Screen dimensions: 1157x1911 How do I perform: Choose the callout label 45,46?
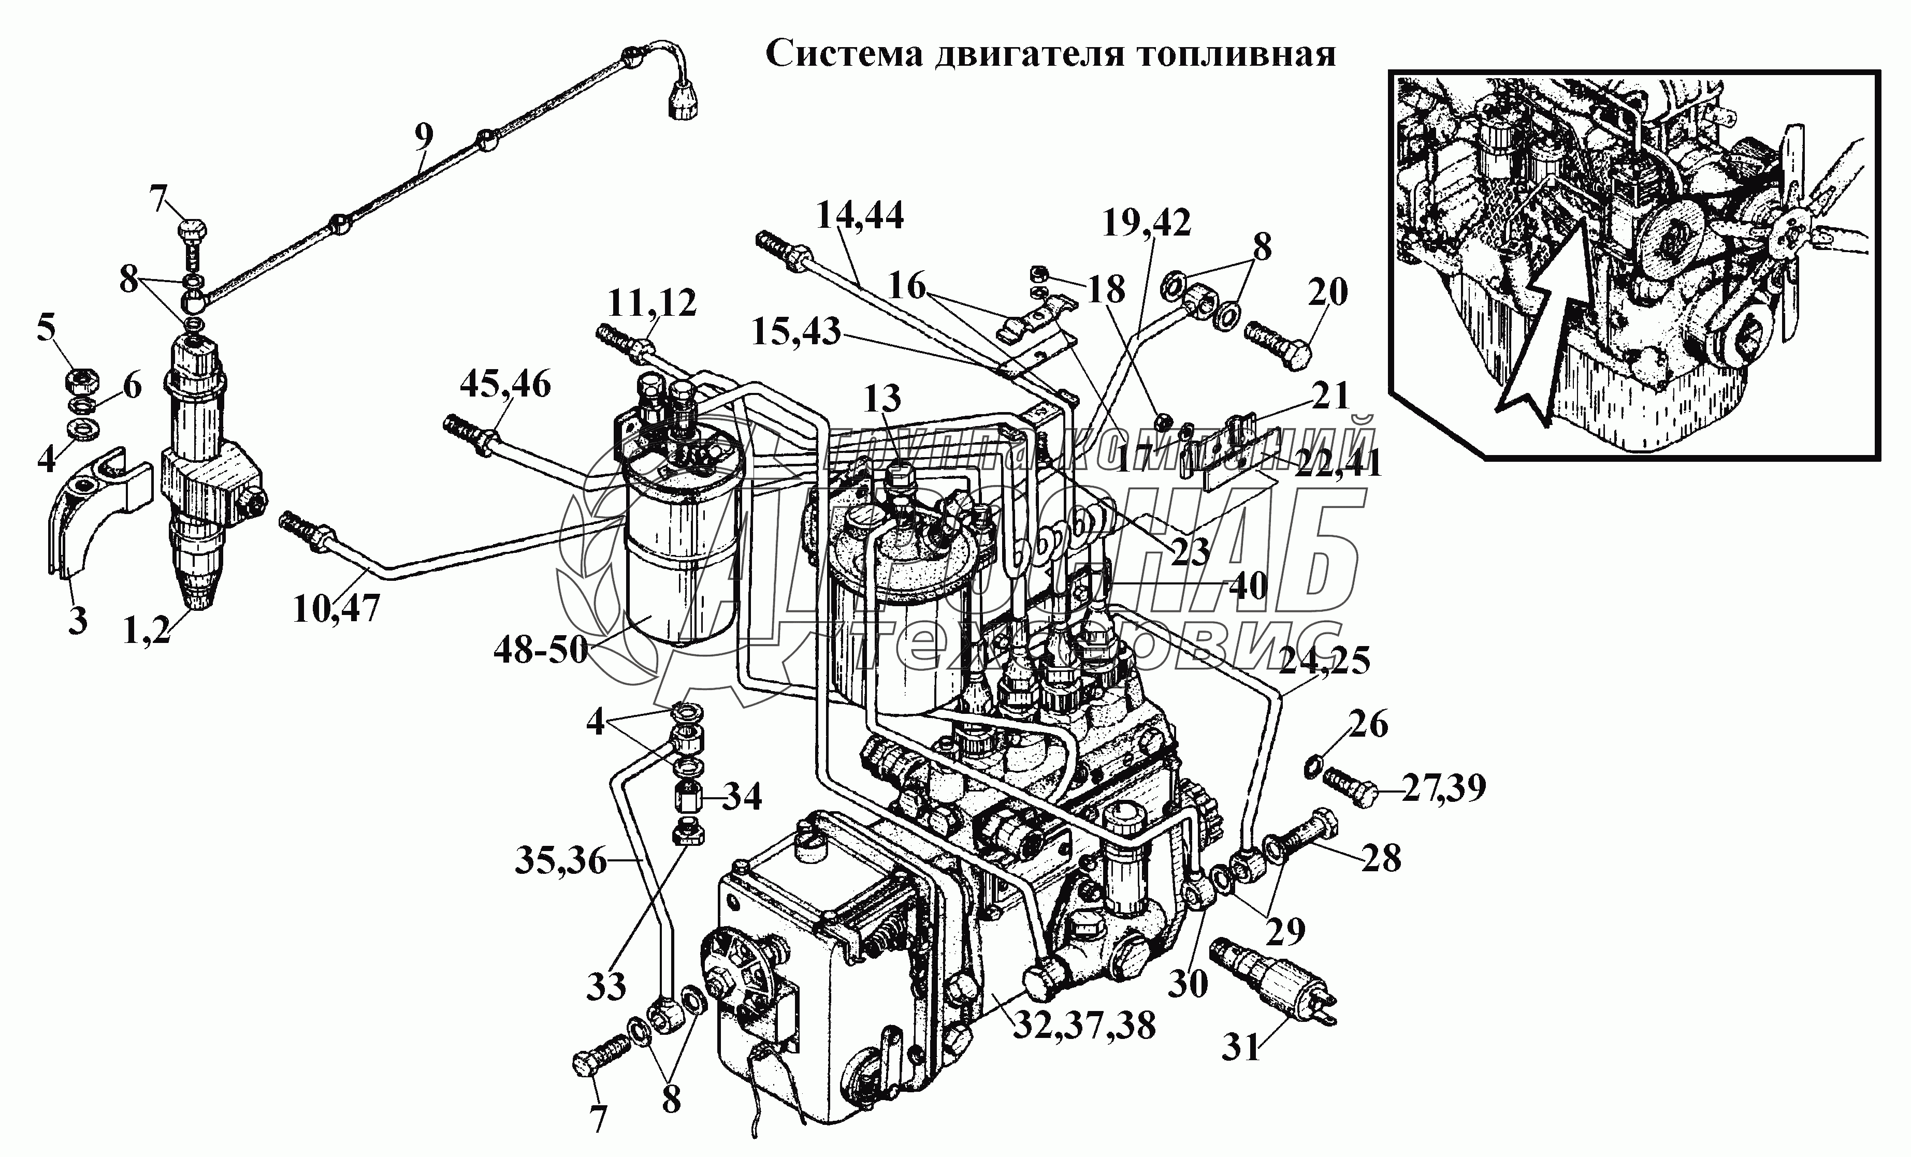[x=505, y=384]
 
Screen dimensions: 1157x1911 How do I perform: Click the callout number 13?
[x=882, y=399]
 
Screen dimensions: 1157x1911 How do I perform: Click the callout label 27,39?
[x=1442, y=788]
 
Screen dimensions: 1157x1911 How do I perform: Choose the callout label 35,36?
[x=560, y=861]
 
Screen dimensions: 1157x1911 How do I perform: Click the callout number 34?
[x=742, y=796]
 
